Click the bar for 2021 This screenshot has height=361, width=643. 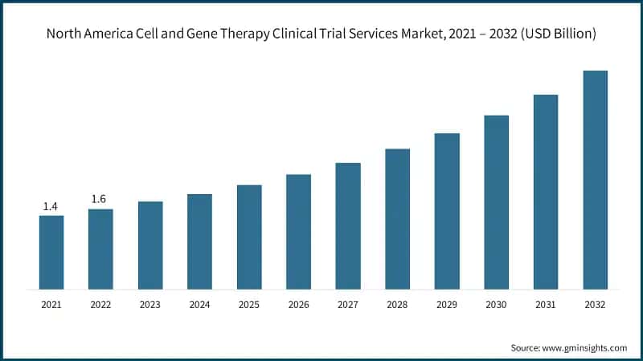pos(51,252)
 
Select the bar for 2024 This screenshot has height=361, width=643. pos(199,241)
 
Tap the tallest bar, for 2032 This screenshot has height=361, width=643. pos(595,180)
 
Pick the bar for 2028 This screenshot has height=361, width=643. pos(397,218)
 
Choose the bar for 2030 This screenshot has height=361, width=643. pos(496,202)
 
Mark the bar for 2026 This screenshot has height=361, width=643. pos(298,231)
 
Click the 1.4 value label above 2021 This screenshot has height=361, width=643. pos(50,206)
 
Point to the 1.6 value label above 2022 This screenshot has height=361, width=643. pos(99,199)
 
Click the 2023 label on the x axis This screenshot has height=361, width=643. pos(149,305)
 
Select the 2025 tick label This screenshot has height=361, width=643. pos(248,305)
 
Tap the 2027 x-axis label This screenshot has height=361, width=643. pos(347,305)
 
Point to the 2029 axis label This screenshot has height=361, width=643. pos(446,305)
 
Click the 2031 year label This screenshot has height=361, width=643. pos(545,305)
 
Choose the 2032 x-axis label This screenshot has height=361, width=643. pos(595,305)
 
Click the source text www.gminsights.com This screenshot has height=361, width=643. pos(586,347)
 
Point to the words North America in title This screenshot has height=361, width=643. pos(84,34)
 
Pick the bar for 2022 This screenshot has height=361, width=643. pos(100,249)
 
